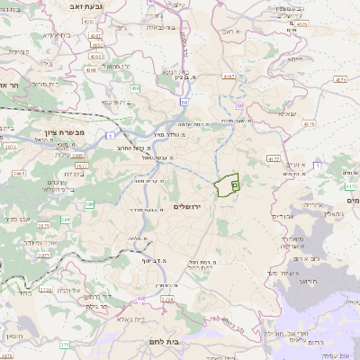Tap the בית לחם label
click(x=188, y=343)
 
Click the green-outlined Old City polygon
click(x=227, y=184)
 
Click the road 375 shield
click(x=65, y=344)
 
